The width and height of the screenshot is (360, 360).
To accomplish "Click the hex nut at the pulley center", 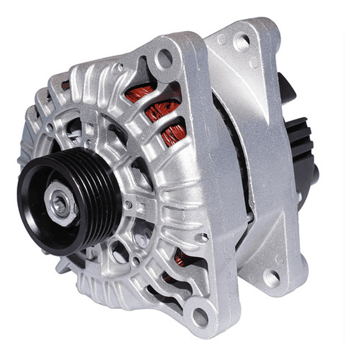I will click(60, 203).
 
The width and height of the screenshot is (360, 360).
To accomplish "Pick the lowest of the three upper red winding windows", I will click(173, 136).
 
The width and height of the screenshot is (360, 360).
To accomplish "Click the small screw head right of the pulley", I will click(128, 204).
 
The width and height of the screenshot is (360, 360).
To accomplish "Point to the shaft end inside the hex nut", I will click(59, 204).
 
